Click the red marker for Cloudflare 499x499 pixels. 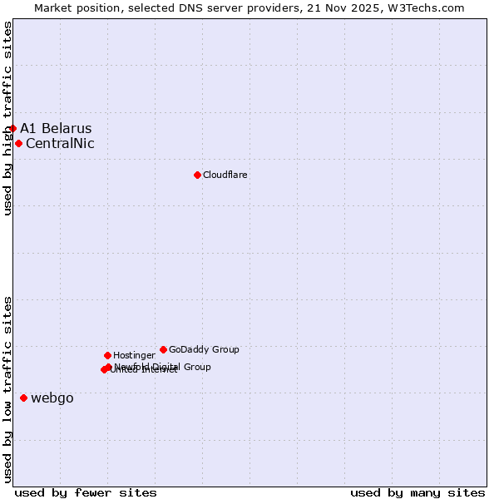click(x=197, y=175)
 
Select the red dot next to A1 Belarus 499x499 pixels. click(x=12, y=128)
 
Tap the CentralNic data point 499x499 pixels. click(x=18, y=143)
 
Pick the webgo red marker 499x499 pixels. click(x=23, y=398)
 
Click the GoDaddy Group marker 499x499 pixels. click(x=163, y=349)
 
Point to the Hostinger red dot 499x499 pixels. click(x=107, y=355)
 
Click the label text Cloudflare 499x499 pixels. click(x=225, y=175)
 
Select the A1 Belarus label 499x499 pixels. click(x=56, y=128)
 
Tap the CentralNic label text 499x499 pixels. click(x=60, y=143)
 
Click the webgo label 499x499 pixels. click(x=52, y=398)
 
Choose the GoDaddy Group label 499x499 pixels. click(x=204, y=349)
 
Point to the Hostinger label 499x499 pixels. click(x=134, y=355)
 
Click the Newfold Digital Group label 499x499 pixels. click(x=163, y=366)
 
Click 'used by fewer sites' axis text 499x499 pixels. click(x=86, y=492)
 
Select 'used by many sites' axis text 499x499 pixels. click(x=417, y=492)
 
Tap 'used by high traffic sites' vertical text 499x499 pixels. click(x=7, y=118)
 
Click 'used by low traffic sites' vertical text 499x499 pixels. click(x=7, y=389)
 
